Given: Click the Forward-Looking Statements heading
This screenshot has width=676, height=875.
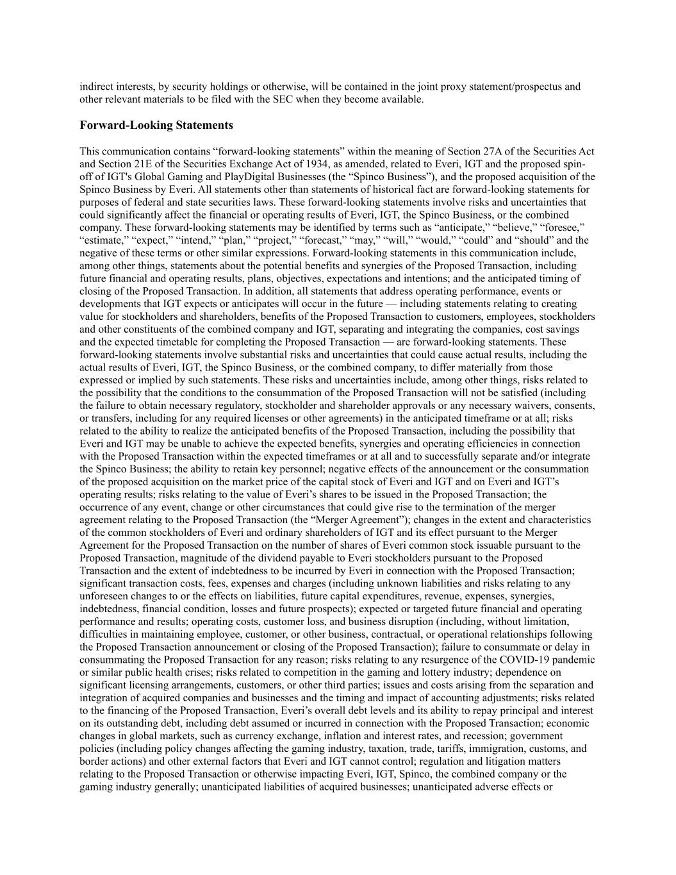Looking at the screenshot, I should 156,125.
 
